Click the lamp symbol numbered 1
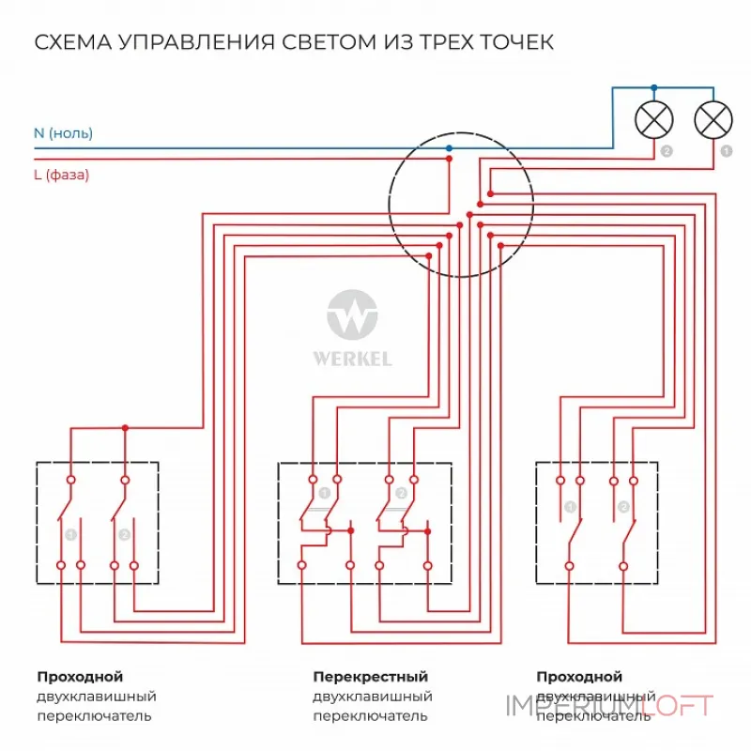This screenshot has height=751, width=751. pyautogui.click(x=713, y=120)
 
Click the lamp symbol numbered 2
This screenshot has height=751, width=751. pyautogui.click(x=655, y=120)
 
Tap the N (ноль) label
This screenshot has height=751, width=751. pyautogui.click(x=63, y=133)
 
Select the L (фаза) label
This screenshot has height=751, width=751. pyautogui.click(x=61, y=175)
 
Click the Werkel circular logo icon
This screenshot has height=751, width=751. pyautogui.click(x=352, y=314)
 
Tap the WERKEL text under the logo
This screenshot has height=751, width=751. pyautogui.click(x=352, y=359)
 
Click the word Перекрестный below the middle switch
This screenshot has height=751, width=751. pyautogui.click(x=370, y=677)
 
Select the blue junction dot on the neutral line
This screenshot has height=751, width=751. pyautogui.click(x=449, y=148)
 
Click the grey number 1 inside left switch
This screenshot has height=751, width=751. pyautogui.click(x=69, y=534)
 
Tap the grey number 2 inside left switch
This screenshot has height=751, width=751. pyautogui.click(x=123, y=534)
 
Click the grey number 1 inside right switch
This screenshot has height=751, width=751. pyautogui.click(x=569, y=508)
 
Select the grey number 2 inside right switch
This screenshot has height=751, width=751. pyautogui.click(x=622, y=508)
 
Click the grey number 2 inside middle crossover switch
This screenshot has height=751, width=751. pyautogui.click(x=401, y=493)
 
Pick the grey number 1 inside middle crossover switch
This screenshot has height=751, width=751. pyautogui.click(x=324, y=493)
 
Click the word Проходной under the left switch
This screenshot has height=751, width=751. pyautogui.click(x=80, y=677)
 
